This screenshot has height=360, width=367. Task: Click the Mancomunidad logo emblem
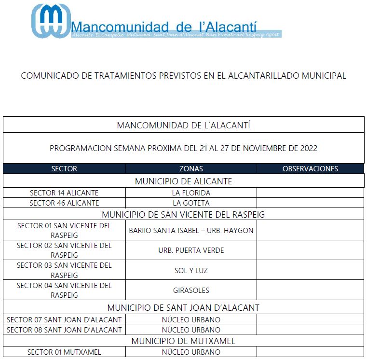pyautogui.click(x=51, y=21)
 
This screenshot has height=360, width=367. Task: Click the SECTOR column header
pyautogui.click(x=64, y=169)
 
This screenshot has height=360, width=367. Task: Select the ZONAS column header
pyautogui.click(x=191, y=169)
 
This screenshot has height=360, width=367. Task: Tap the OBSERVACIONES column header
pyautogui.click(x=310, y=169)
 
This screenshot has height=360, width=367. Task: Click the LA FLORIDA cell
pyautogui.click(x=191, y=193)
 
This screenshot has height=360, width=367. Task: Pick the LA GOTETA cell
pyautogui.click(x=191, y=203)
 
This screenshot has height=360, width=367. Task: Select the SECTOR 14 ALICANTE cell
pyautogui.click(x=64, y=193)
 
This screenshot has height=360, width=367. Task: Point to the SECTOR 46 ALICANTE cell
pyautogui.click(x=64, y=203)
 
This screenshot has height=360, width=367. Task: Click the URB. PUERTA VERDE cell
pyautogui.click(x=191, y=250)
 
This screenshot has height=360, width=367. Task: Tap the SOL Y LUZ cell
pyautogui.click(x=191, y=271)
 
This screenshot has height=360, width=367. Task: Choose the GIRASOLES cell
pyautogui.click(x=191, y=291)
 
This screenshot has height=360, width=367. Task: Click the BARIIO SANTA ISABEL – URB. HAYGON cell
pyautogui.click(x=191, y=231)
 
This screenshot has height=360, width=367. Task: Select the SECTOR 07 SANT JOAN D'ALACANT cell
pyautogui.click(x=64, y=320)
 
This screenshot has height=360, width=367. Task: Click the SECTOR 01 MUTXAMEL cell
pyautogui.click(x=64, y=352)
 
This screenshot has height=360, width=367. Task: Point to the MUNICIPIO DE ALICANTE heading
pyautogui.click(x=183, y=181)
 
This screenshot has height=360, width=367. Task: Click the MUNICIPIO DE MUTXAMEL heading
pyautogui.click(x=183, y=341)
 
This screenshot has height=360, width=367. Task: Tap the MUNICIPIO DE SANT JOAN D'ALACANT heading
pyautogui.click(x=183, y=307)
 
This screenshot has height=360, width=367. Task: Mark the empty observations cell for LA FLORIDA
pyautogui.click(x=310, y=193)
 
